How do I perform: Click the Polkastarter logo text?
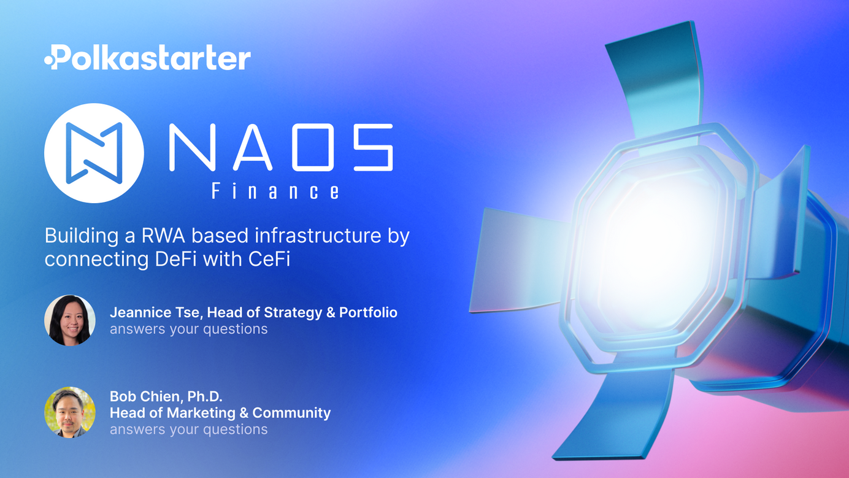pos(147,58)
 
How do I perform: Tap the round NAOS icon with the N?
pos(94,153)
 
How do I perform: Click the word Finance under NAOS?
pos(275,191)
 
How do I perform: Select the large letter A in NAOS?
pos(252,147)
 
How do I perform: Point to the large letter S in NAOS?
pos(374,147)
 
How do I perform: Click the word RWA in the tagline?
pos(163,236)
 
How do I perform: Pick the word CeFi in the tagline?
pos(269,260)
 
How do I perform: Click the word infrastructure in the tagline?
pos(318,236)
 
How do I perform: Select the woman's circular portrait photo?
pos(70,320)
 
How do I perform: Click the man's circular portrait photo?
pos(70,412)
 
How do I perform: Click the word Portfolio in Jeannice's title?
pos(368,312)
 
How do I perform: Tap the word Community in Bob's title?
pos(291,413)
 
